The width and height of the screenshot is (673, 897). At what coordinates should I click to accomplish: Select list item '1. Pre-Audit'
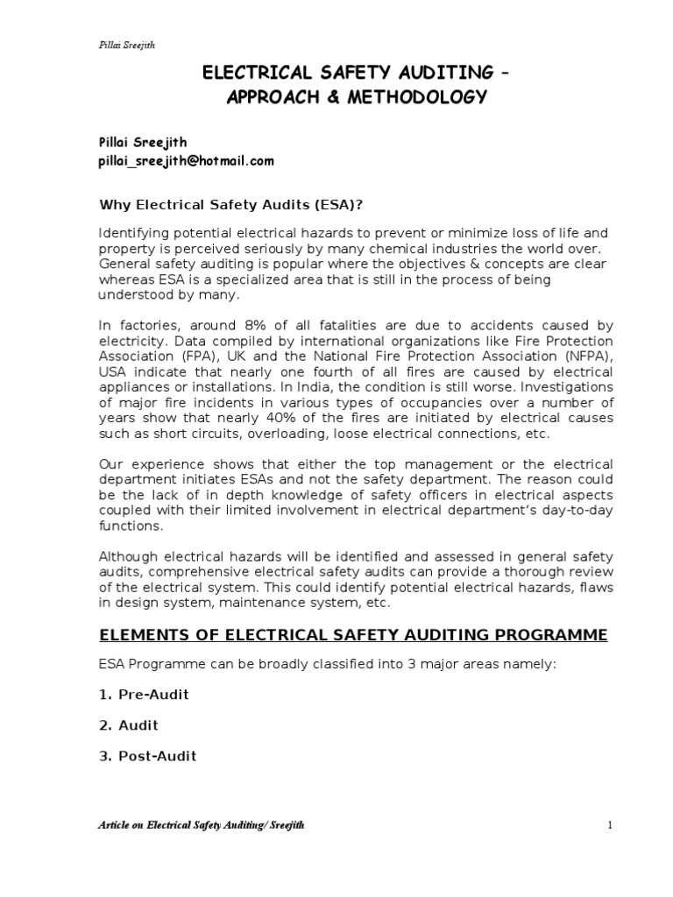[143, 695]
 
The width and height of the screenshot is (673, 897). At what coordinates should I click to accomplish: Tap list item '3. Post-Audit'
[147, 756]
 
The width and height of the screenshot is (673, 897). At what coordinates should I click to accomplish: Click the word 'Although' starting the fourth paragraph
[126, 557]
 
